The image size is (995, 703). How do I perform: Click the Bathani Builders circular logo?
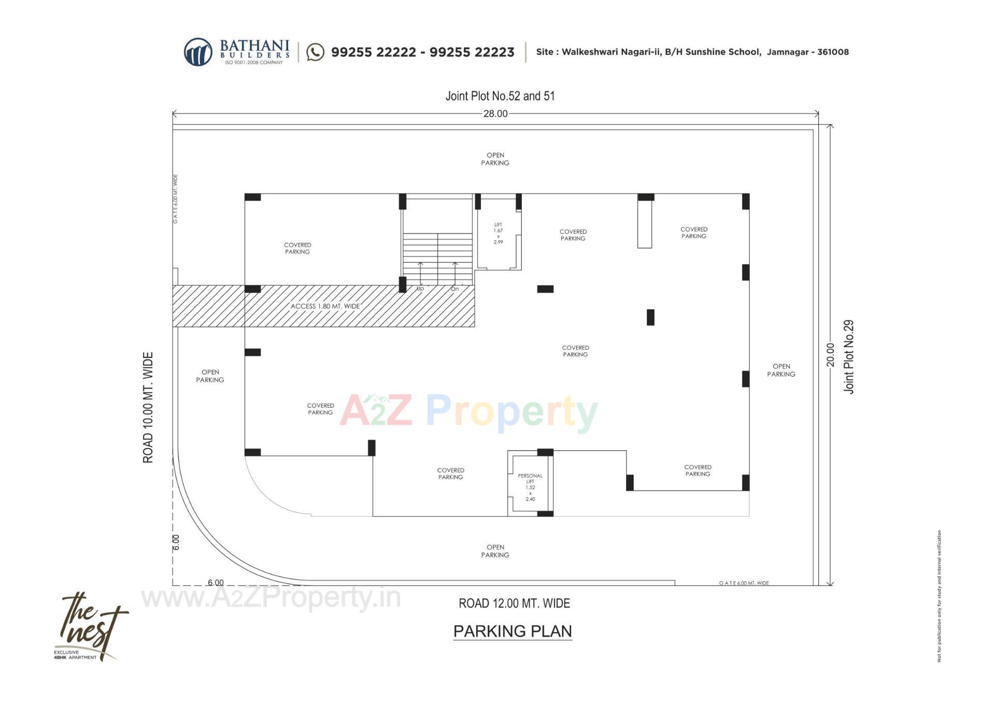click(x=198, y=52)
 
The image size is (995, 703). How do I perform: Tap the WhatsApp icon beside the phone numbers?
click(x=315, y=52)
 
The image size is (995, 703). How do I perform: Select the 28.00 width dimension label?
click(x=495, y=114)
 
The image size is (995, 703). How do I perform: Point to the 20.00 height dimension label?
click(x=830, y=355)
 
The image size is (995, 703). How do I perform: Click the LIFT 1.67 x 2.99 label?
click(x=498, y=233)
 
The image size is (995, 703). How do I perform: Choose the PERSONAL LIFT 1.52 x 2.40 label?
click(x=530, y=487)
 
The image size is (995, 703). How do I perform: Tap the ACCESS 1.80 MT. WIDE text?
click(x=325, y=306)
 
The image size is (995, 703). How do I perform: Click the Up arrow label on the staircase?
click(x=420, y=289)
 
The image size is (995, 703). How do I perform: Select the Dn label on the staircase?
click(x=454, y=289)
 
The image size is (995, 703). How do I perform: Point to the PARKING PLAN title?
click(x=513, y=631)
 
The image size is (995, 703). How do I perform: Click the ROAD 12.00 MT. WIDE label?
click(x=514, y=603)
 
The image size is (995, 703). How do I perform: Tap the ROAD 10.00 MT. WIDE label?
click(x=148, y=408)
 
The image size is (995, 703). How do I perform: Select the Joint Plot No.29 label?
click(x=848, y=356)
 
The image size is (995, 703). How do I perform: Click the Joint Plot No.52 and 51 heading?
click(x=500, y=96)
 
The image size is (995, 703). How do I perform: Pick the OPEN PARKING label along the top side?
click(x=495, y=159)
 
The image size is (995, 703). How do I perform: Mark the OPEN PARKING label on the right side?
click(x=781, y=370)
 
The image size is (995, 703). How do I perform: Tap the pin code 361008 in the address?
click(x=833, y=52)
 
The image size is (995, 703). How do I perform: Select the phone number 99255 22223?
click(x=472, y=52)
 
